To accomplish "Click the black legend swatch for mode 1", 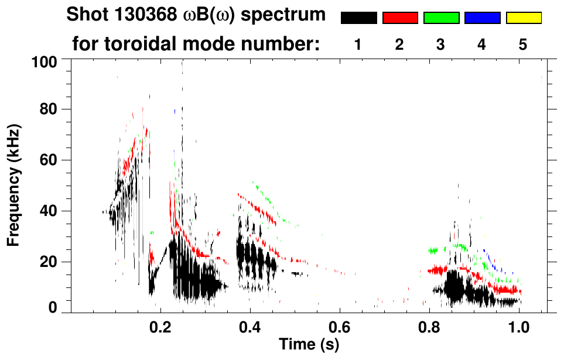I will click(x=359, y=18).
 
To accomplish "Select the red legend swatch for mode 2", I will click(x=400, y=18).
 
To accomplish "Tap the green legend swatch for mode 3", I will click(x=441, y=18).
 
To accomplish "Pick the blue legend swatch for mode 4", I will click(x=482, y=18).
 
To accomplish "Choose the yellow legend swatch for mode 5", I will click(x=523, y=18).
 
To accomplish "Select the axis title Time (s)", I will click(x=308, y=344).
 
